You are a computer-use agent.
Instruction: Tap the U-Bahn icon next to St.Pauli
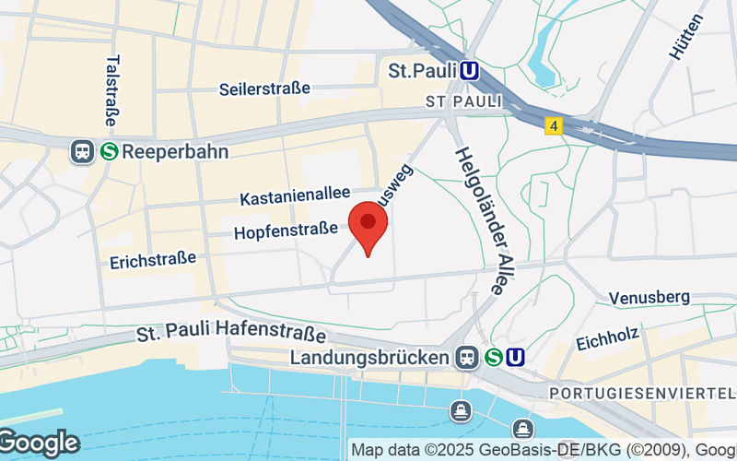(x=470, y=71)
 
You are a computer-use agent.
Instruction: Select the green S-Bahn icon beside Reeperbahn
(x=109, y=151)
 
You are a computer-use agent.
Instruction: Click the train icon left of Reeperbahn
(x=82, y=151)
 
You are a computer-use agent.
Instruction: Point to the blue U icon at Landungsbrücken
(x=516, y=357)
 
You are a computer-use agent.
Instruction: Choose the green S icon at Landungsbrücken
(x=493, y=357)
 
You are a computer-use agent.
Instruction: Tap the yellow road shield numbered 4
(x=553, y=125)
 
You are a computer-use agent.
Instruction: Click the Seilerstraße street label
(x=264, y=89)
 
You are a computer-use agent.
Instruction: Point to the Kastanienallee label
(x=295, y=196)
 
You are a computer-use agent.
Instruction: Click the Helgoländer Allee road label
(x=480, y=221)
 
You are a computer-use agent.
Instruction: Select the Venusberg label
(x=649, y=297)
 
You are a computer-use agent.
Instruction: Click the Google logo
(x=39, y=443)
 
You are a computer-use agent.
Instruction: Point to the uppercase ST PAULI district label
(x=463, y=100)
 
